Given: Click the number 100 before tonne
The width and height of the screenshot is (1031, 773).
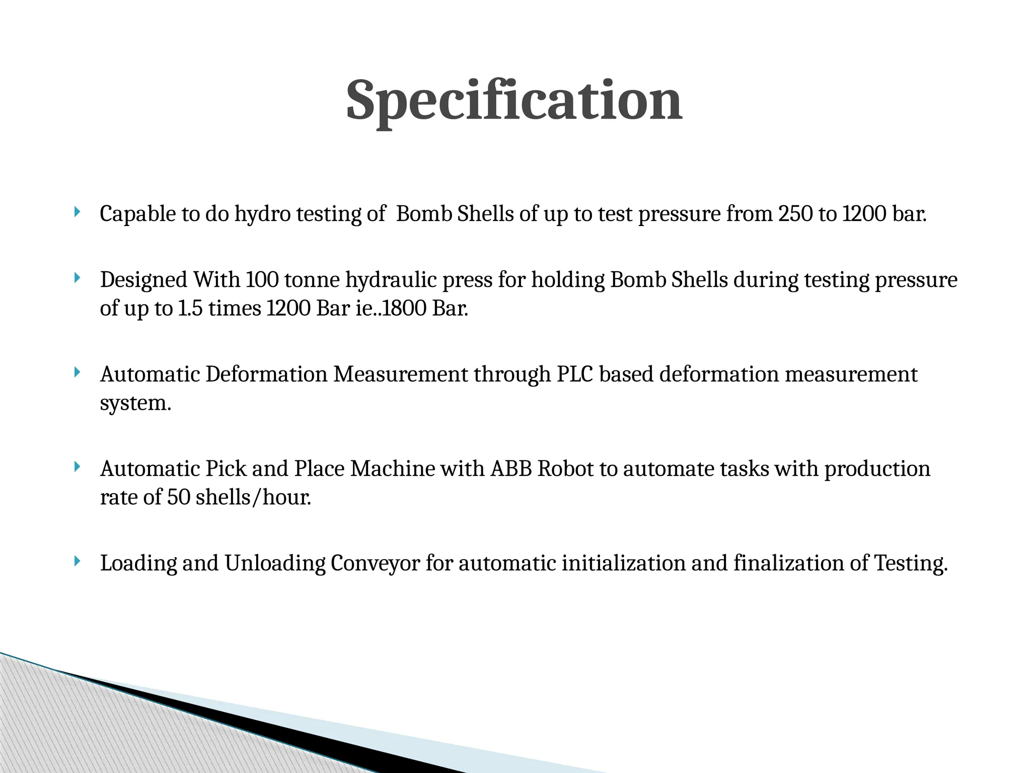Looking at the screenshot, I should click(x=262, y=280).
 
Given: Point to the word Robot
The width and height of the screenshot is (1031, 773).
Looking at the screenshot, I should click(x=566, y=469).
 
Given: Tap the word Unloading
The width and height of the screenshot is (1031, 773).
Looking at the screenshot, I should click(x=275, y=563).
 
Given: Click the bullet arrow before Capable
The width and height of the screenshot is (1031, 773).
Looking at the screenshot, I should click(x=77, y=211).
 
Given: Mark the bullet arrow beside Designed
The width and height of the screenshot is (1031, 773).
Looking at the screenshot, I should click(x=77, y=277).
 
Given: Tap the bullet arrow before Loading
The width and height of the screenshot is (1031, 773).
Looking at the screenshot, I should click(x=77, y=561).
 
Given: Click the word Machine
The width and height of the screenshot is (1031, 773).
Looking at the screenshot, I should click(x=393, y=469).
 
